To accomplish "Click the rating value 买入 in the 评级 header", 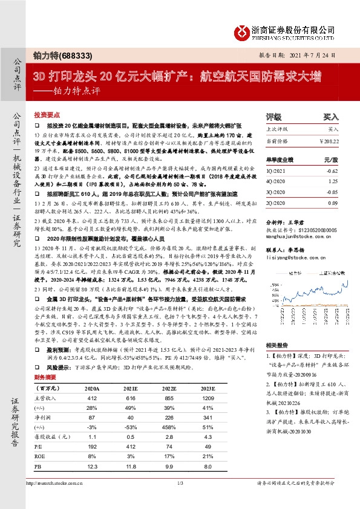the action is [x=330, y=117].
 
